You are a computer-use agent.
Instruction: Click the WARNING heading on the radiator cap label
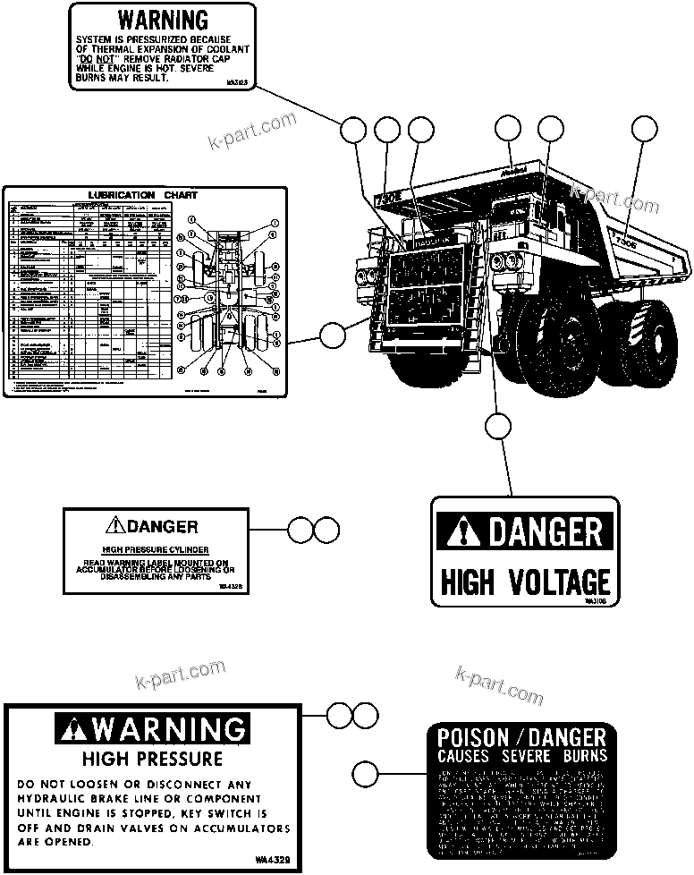[x=163, y=20]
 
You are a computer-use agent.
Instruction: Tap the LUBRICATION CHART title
[x=143, y=194]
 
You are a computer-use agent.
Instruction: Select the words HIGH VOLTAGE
[x=525, y=582]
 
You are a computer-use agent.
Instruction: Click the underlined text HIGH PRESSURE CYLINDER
[x=155, y=548]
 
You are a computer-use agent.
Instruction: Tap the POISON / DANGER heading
[x=521, y=738]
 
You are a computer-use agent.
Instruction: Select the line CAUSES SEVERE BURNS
[x=521, y=756]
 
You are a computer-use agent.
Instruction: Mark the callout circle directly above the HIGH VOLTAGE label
[x=497, y=427]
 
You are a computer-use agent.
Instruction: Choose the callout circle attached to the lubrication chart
[x=332, y=336]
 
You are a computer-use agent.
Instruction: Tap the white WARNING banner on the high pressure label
[x=150, y=730]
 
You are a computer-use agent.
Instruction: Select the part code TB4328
[x=230, y=586]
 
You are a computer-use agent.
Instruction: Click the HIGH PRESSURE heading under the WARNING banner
[x=151, y=760]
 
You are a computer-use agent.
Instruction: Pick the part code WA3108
[x=596, y=603]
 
